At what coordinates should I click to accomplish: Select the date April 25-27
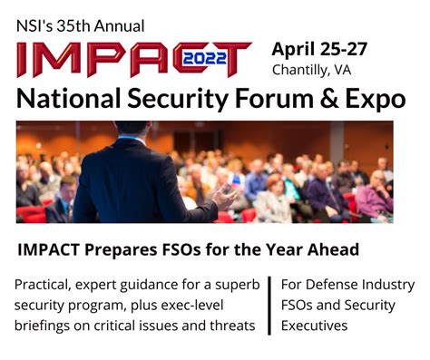coord(319,48)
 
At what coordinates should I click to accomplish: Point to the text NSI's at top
coord(34,25)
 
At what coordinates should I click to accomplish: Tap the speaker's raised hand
coord(223,193)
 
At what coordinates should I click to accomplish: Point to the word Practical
coord(44,285)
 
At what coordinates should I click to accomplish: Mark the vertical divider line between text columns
coord(269,305)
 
